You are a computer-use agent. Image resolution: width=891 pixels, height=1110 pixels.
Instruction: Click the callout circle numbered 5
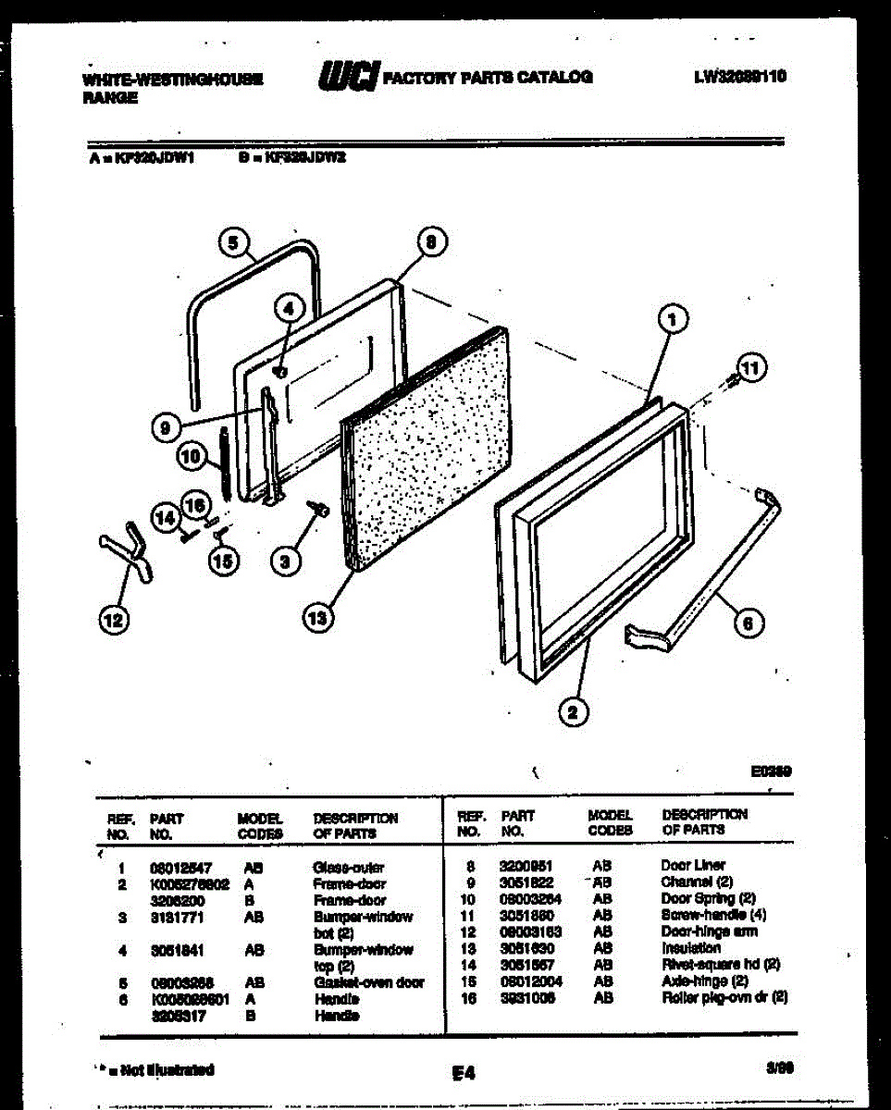233,242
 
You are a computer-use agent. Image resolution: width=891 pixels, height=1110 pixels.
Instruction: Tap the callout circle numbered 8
430,242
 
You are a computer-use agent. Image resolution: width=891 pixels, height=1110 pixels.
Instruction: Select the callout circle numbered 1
673,320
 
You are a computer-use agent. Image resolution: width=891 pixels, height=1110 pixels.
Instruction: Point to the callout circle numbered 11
750,369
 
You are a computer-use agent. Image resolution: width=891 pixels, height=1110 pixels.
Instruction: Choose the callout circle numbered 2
574,711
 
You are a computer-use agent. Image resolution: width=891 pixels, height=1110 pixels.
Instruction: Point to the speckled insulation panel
426,444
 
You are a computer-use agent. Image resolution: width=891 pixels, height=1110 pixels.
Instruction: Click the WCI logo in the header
348,77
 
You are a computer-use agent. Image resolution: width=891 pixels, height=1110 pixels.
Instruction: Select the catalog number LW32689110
739,77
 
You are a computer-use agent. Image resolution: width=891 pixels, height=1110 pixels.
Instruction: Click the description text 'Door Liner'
693,866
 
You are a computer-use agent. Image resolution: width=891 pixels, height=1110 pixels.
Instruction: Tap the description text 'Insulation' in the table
690,948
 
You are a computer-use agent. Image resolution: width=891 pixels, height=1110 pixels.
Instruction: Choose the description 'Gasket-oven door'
368,982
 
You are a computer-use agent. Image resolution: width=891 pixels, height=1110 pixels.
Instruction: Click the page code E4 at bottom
464,1073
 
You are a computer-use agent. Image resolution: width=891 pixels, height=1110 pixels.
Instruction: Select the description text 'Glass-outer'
348,868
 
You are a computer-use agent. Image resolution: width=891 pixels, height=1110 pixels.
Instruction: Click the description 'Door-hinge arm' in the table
710,931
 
